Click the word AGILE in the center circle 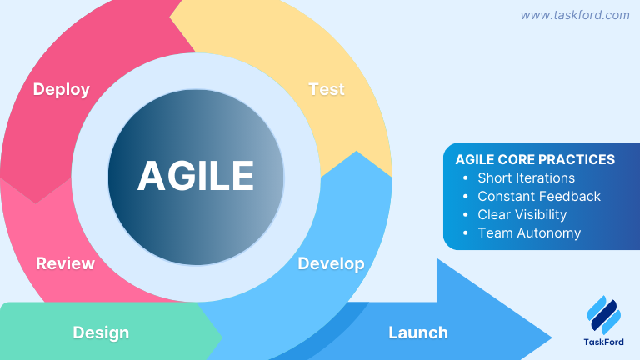coord(196,175)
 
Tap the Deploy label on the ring coord(61,89)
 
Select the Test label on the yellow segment coord(327,89)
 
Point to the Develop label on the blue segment coord(331,263)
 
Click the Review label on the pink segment coord(65,264)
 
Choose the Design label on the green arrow coord(101,332)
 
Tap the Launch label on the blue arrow coord(417,332)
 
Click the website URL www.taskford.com coord(575,15)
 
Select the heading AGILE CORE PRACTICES coord(535,159)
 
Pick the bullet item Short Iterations coord(526,177)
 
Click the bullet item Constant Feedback coord(538,196)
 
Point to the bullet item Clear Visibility coord(522,214)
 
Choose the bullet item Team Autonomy coord(529,232)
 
